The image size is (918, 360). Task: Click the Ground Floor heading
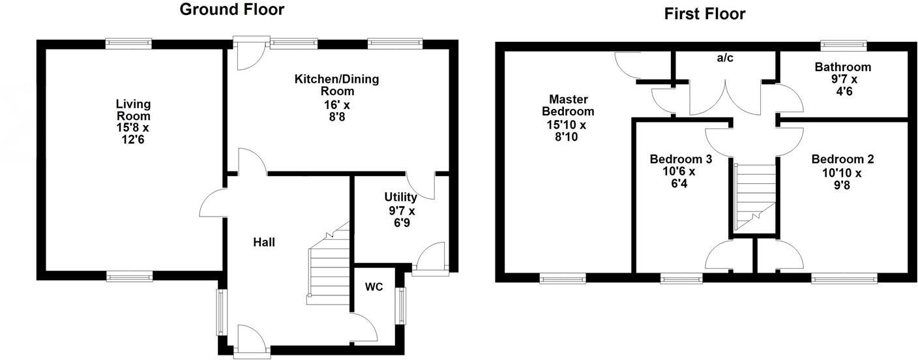(231, 10)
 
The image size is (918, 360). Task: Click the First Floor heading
(704, 14)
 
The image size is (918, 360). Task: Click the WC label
(374, 287)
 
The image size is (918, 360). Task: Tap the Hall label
(264, 243)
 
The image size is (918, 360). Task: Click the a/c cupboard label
(725, 58)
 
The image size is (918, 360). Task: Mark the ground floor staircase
(329, 264)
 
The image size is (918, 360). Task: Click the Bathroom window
(844, 46)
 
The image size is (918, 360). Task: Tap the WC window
(402, 306)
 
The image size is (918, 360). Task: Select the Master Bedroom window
(563, 278)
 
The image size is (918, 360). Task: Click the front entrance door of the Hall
(252, 342)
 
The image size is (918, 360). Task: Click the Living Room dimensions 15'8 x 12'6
(133, 133)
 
